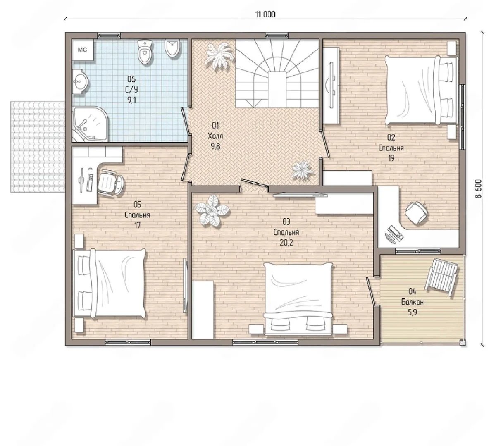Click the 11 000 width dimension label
[x=265, y=14]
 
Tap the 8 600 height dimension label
[x=479, y=189]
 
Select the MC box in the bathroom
[x=83, y=50]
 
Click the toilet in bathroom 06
[x=145, y=52]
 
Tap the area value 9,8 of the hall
[x=215, y=147]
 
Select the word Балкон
[x=413, y=302]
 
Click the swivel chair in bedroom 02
[x=417, y=212]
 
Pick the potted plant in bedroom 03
[x=212, y=210]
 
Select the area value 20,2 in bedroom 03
[x=286, y=243]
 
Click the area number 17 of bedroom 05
[x=137, y=225]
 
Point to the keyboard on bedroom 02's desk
[x=393, y=233]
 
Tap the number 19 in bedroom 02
[x=391, y=158]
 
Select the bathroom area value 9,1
[x=131, y=100]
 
